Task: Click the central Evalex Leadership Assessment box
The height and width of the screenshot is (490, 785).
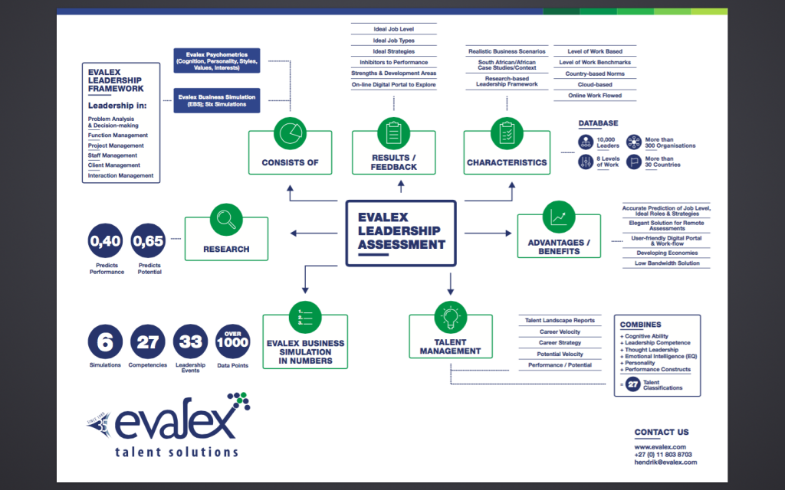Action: point(401,233)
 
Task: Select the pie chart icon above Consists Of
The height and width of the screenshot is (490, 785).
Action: point(290,132)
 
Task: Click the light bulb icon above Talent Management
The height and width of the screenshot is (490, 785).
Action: point(451,315)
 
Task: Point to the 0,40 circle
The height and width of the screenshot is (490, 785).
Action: point(106,242)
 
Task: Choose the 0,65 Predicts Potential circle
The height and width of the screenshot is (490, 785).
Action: point(149,242)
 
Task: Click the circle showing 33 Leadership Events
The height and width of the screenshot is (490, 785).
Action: point(190,342)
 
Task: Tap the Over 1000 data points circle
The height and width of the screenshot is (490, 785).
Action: point(233,342)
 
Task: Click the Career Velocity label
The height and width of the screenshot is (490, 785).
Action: point(559,332)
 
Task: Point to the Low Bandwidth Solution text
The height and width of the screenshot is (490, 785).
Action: point(666,263)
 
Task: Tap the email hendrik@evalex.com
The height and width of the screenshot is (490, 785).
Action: point(665,462)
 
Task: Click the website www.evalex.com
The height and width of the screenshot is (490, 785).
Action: point(660,446)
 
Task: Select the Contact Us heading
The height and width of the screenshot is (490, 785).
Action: point(662,432)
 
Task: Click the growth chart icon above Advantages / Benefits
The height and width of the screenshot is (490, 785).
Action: point(557,217)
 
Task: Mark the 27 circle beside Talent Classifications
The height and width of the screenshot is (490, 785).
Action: point(632,385)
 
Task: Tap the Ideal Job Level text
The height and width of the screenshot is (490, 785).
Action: point(394,28)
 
